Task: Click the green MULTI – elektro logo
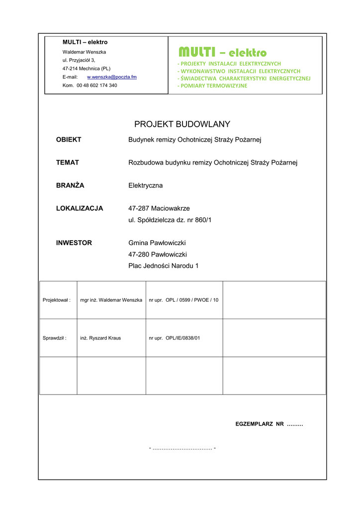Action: point(223,52)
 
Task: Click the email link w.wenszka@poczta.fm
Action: point(112,77)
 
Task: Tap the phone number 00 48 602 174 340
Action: point(97,85)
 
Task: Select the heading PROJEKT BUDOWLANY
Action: point(182,124)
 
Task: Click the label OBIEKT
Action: point(69,140)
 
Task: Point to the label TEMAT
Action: point(68,163)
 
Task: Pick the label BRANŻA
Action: point(70,185)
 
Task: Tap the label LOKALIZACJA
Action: point(80,208)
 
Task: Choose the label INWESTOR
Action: point(74,243)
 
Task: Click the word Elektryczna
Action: point(146,185)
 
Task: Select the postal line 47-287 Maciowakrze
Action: point(159,208)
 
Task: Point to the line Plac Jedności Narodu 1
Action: point(164,265)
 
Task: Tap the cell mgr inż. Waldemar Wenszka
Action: point(111,300)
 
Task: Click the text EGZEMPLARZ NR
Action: point(259,424)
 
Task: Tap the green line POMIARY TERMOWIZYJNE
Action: point(212,86)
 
